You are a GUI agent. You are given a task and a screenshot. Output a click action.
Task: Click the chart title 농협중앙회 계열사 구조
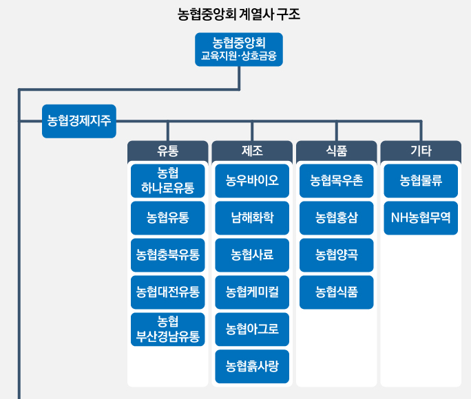point(238,14)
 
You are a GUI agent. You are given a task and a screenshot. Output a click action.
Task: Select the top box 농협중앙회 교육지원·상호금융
point(238,49)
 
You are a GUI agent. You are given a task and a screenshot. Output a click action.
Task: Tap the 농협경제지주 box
point(78,121)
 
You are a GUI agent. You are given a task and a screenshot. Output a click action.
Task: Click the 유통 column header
point(167,150)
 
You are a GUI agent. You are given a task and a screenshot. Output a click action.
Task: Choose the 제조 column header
point(252,150)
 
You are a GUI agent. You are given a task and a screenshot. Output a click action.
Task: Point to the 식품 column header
point(336,150)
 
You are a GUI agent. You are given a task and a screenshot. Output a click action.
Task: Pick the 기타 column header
point(421,150)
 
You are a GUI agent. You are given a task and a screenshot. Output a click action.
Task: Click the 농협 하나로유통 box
point(167,181)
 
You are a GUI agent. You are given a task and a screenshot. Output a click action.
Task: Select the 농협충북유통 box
point(167,255)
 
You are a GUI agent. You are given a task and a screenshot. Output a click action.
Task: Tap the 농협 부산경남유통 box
point(167,330)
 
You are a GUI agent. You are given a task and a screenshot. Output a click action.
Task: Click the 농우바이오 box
point(252,181)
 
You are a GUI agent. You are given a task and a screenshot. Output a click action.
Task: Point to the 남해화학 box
point(252,218)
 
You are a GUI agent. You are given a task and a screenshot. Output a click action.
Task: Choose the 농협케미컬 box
point(252,292)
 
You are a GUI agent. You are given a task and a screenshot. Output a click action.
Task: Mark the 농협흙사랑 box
point(252,367)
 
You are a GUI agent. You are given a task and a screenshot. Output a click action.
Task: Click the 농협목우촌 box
point(336,181)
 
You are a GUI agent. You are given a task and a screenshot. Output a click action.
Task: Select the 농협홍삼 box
point(336,218)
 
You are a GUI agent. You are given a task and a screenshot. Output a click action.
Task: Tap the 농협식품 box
point(336,292)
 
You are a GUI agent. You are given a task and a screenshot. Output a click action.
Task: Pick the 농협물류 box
point(421,181)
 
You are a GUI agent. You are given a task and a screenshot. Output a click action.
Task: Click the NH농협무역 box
point(421,218)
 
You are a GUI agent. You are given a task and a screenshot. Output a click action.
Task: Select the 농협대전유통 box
point(167,292)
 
